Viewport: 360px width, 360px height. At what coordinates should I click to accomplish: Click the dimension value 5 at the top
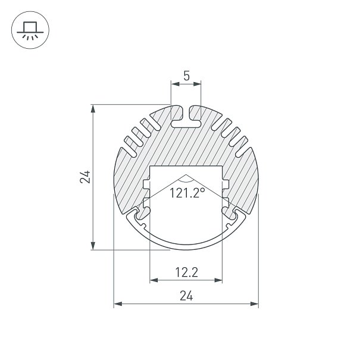pos(186,76)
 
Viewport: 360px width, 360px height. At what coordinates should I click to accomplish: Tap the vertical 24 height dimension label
pos(85,177)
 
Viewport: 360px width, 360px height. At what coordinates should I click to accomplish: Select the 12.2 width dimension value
pos(186,273)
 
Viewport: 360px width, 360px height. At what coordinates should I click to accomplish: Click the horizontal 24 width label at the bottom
pos(186,296)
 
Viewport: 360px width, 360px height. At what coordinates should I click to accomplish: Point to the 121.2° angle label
pos(187,193)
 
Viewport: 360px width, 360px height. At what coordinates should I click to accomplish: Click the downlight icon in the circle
pos(30,30)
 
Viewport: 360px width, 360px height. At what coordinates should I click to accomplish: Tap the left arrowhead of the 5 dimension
pos(175,84)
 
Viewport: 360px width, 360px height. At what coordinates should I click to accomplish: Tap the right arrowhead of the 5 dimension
pos(197,84)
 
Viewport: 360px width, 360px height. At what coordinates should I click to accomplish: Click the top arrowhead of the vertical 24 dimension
pos(93,109)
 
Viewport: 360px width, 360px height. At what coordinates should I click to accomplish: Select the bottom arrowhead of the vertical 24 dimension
pos(93,245)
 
